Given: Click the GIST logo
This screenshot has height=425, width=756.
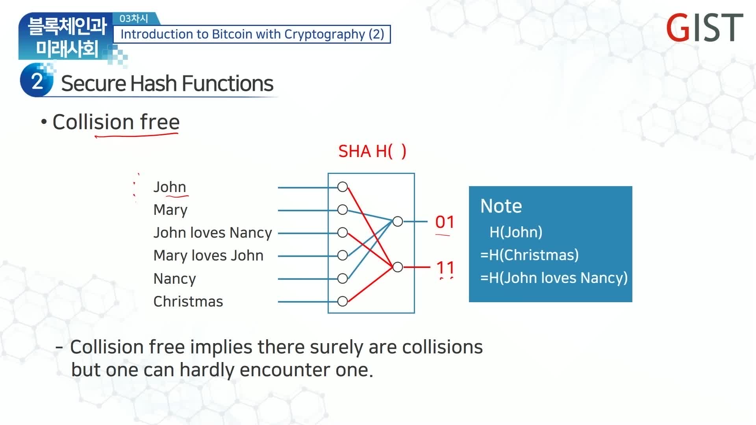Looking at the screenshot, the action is (704, 27).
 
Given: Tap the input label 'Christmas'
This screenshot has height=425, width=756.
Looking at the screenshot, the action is (188, 301).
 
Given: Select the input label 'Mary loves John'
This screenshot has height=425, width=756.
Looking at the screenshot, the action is (208, 256).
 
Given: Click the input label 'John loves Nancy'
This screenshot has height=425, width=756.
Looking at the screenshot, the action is (213, 233).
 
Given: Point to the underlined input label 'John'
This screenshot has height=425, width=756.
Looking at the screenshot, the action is (170, 187).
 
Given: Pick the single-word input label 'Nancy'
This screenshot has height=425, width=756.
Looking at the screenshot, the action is (174, 279).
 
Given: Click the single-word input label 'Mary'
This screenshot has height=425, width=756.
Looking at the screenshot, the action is (170, 210).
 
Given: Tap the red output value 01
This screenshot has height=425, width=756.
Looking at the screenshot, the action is (445, 222).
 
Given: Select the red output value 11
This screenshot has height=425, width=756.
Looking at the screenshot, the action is (445, 268).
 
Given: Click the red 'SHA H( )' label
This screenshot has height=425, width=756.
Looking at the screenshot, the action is (372, 152).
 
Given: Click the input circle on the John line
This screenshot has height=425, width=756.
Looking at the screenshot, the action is (343, 187).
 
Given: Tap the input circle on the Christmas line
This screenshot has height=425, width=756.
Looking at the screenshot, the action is (343, 301).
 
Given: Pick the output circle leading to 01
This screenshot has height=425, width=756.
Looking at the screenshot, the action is (398, 222).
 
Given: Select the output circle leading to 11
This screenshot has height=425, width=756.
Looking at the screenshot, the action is (398, 267).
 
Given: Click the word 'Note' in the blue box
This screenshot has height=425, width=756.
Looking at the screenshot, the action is (501, 206).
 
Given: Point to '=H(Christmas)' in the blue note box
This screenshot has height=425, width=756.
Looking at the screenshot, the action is (530, 255).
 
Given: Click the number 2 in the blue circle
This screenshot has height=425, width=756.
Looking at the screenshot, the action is (37, 81).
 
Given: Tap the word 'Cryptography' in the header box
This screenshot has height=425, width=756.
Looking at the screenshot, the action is (324, 34).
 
